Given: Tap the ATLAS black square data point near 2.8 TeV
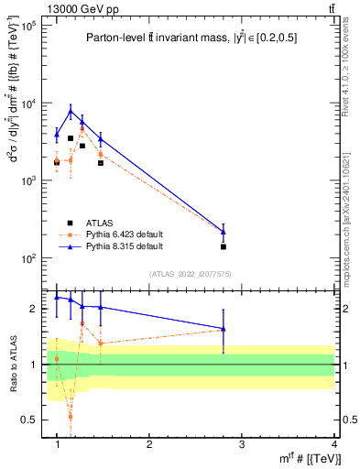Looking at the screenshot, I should click(224, 246).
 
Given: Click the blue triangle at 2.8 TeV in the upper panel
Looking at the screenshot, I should click(224, 232).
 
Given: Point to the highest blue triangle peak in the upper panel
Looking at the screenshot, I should click(71, 111).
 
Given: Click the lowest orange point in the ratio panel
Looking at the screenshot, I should click(71, 417).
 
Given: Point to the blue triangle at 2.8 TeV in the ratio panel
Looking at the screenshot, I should click(224, 329).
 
